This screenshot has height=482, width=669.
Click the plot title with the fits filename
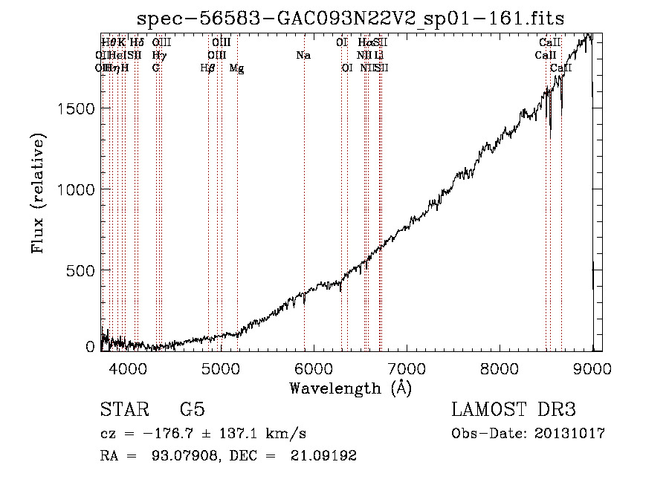(351, 19)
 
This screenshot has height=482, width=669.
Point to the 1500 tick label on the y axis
(77, 108)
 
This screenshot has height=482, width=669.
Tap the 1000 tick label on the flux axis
(77, 189)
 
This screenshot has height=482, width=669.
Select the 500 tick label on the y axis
(81, 270)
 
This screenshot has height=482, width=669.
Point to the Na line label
(303, 56)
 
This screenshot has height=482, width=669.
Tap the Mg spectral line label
(236, 68)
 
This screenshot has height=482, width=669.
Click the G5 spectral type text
(192, 410)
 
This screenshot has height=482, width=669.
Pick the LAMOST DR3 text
(514, 410)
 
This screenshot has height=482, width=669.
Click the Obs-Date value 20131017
(570, 434)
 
